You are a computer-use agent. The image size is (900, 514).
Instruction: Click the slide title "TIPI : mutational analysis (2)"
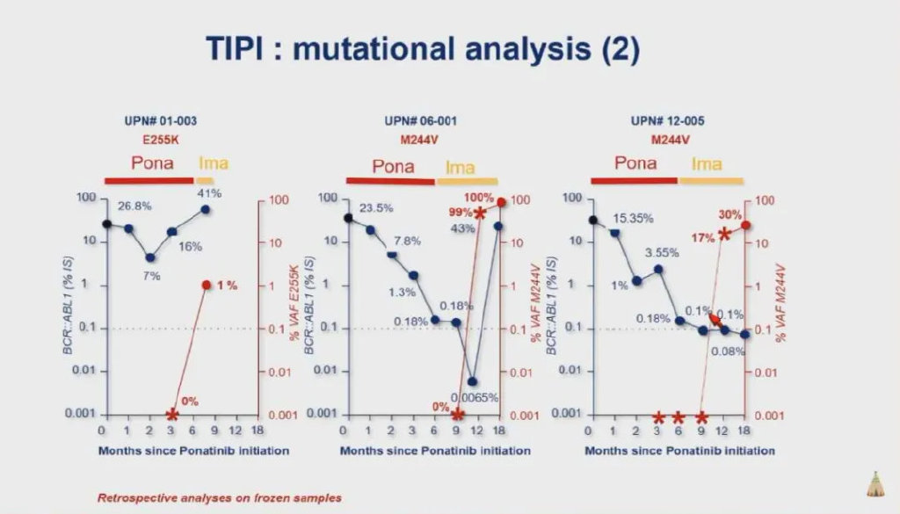tap(422, 47)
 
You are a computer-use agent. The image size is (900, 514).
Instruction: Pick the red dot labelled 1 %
tap(206, 286)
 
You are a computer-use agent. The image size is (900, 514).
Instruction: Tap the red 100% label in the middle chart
tap(478, 198)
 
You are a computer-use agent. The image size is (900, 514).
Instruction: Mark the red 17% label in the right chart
tap(703, 236)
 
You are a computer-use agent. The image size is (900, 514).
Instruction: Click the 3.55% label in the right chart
tap(662, 253)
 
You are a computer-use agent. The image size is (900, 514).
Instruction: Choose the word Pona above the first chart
tap(152, 163)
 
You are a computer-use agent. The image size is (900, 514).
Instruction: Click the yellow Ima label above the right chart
tap(707, 163)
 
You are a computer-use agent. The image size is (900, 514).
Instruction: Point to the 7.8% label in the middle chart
tap(406, 241)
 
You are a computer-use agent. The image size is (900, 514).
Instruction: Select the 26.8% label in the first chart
tap(135, 206)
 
